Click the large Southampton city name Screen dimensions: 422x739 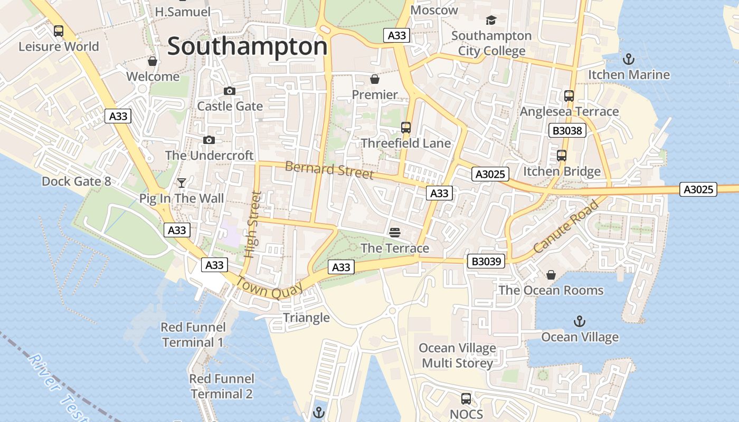click(247, 46)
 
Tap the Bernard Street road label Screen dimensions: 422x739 click(329, 170)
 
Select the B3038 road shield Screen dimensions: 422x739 click(567, 130)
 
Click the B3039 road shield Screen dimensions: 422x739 click(486, 261)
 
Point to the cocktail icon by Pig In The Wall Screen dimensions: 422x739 click(182, 183)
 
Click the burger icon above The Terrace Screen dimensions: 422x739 click(394, 233)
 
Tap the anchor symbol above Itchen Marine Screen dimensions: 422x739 click(628, 59)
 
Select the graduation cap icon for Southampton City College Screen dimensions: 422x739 click(491, 21)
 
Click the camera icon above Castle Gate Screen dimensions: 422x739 click(229, 91)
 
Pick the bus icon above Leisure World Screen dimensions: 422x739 click(59, 31)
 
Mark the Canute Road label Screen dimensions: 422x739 click(565, 226)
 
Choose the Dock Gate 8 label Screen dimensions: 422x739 click(77, 181)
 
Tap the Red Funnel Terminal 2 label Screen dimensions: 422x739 click(222, 386)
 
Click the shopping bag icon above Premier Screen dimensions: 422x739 click(374, 80)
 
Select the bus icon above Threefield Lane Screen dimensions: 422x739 click(405, 128)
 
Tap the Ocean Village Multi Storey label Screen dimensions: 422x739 click(457, 356)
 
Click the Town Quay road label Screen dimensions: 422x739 click(269, 287)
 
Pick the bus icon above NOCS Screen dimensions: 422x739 click(466, 399)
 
